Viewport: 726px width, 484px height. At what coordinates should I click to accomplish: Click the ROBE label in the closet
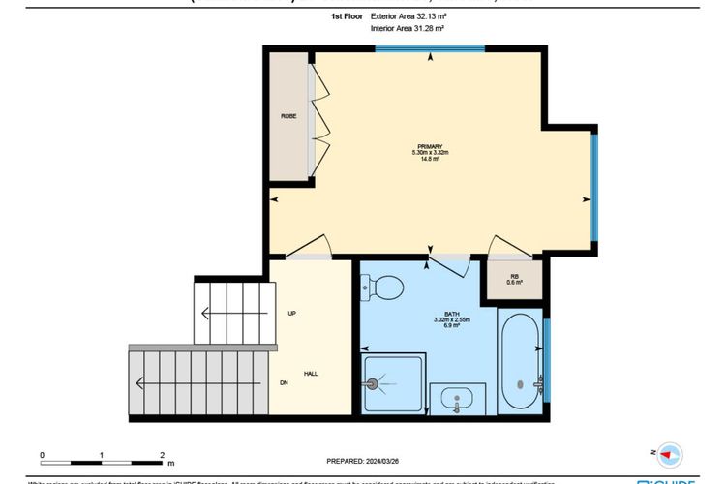[288, 117]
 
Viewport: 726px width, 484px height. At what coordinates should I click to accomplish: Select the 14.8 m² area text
[430, 159]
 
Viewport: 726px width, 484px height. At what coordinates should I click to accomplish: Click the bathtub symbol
[520, 360]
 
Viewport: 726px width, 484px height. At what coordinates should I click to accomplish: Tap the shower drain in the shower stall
[374, 381]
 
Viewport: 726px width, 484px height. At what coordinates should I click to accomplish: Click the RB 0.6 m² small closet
[516, 280]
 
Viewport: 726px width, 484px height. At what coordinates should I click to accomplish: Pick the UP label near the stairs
[290, 314]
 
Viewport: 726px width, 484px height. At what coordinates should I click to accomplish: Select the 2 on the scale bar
[161, 453]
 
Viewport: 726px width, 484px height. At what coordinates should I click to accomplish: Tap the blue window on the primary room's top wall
[431, 48]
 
